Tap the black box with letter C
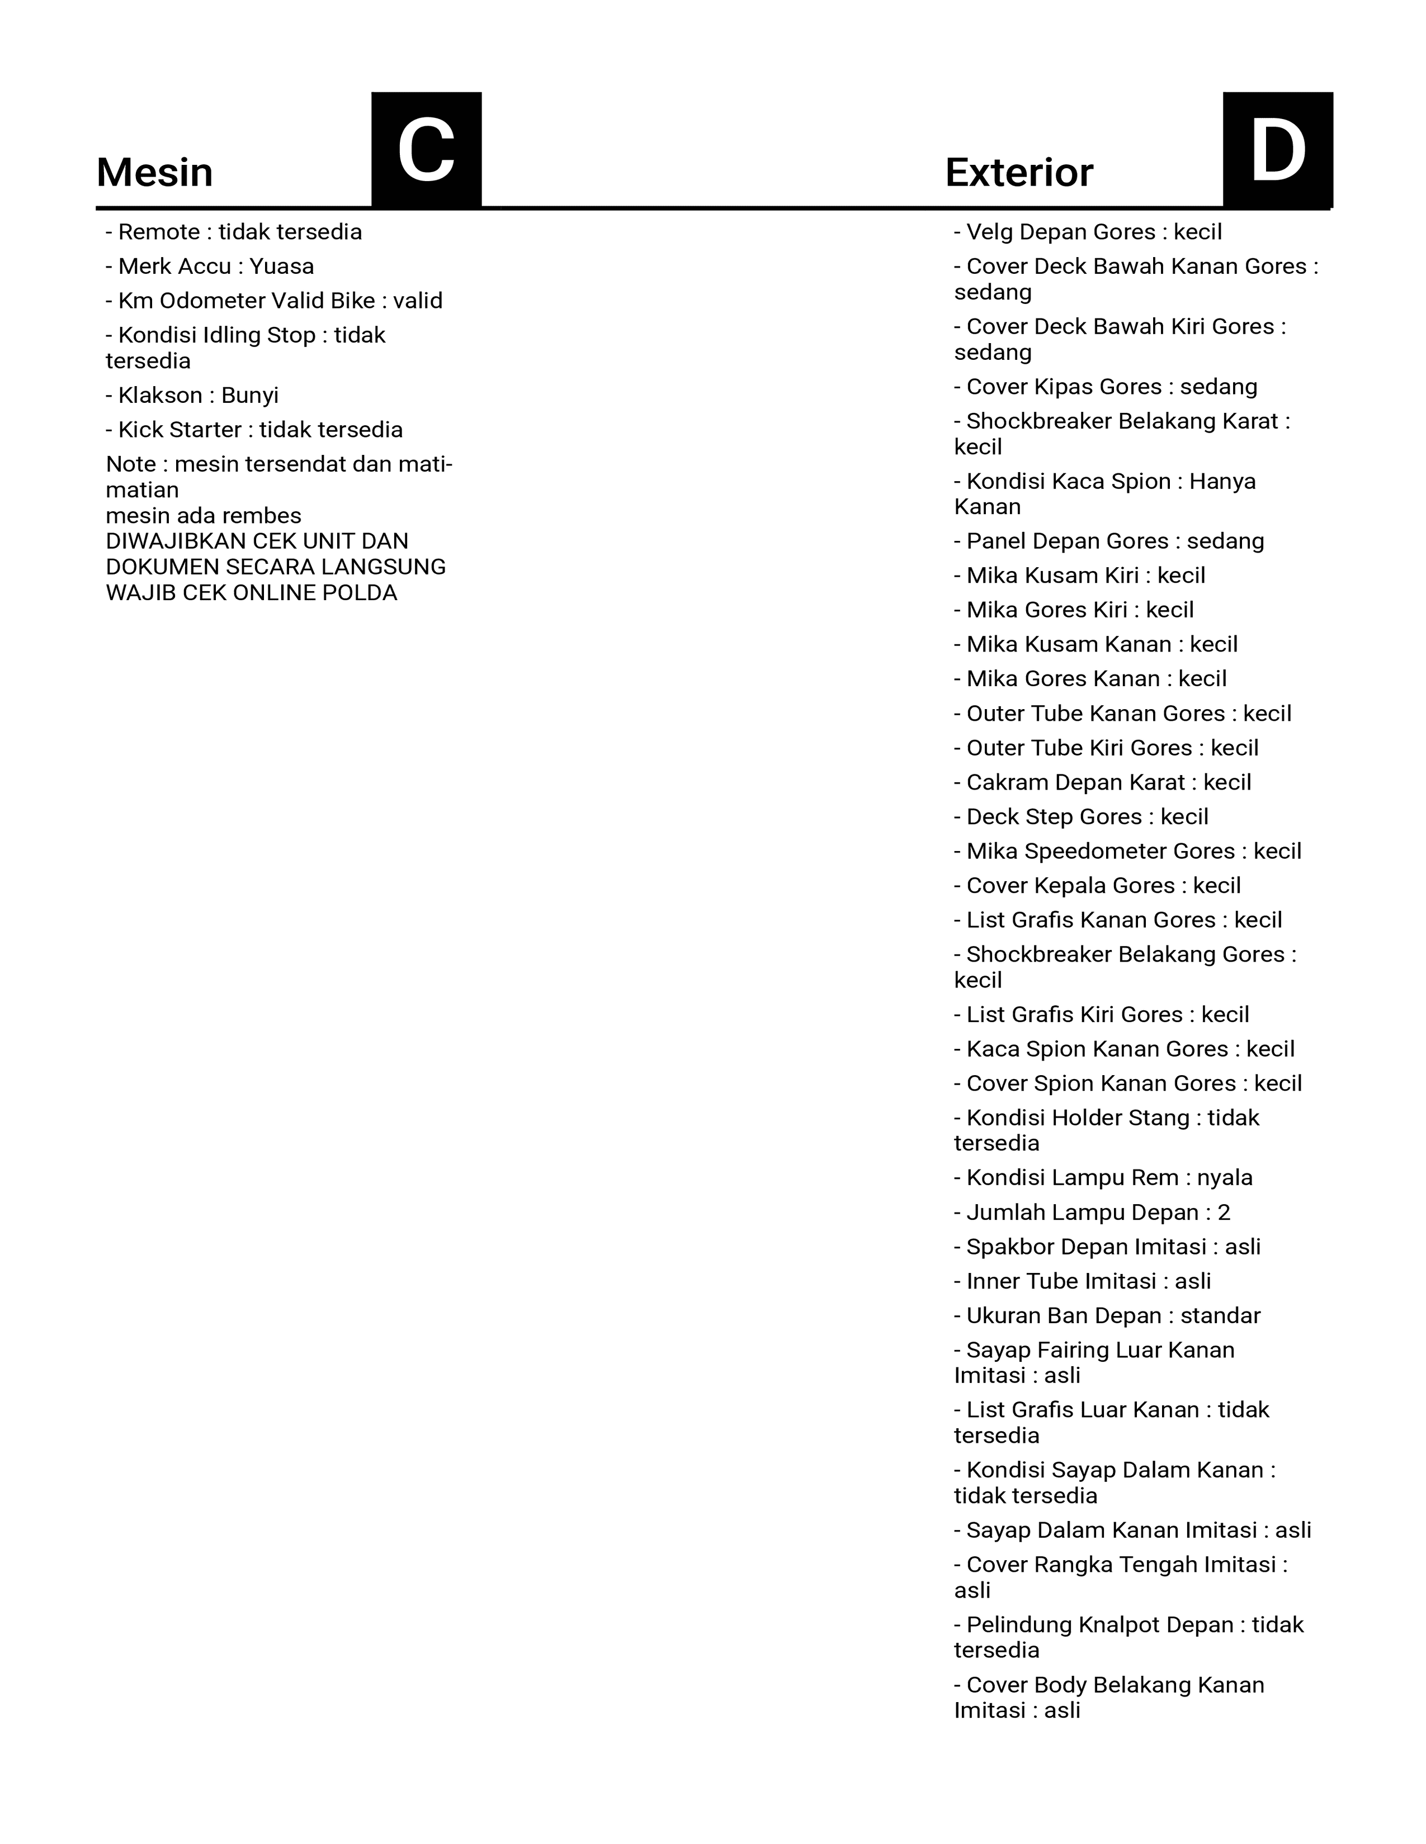coord(427,150)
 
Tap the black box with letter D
coord(1277,150)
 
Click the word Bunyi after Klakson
coord(250,396)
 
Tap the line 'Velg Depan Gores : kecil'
coord(1088,232)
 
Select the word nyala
coord(1225,1178)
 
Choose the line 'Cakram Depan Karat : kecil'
coord(1102,783)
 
